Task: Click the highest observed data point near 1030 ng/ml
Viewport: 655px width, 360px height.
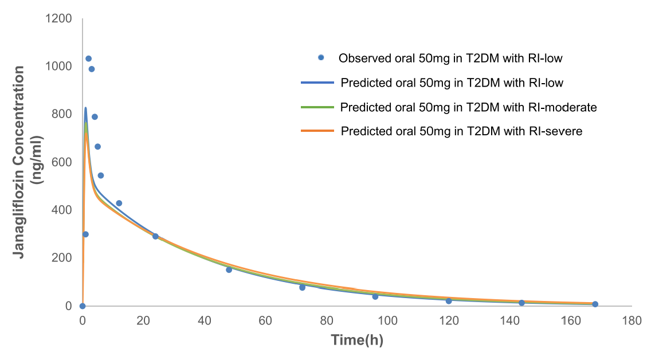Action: pyautogui.click(x=88, y=58)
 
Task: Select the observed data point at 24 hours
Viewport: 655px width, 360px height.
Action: pyautogui.click(x=155, y=236)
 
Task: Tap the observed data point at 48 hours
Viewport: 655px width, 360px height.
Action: pyautogui.click(x=229, y=269)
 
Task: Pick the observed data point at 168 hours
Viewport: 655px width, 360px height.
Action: pyautogui.click(x=595, y=304)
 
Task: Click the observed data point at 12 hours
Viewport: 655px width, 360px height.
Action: pyautogui.click(x=119, y=203)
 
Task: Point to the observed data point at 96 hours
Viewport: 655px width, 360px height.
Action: pyautogui.click(x=375, y=296)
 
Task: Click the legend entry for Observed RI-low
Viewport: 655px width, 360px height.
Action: pyautogui.click(x=450, y=58)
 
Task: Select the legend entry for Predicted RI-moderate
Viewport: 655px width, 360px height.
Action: pyautogui.click(x=468, y=107)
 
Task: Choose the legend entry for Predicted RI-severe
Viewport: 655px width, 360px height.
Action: pyautogui.click(x=461, y=131)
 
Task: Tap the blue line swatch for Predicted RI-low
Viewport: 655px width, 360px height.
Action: pyautogui.click(x=317, y=83)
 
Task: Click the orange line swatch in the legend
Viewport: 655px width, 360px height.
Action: pyautogui.click(x=317, y=131)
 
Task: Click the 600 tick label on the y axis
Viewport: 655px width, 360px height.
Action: pyautogui.click(x=63, y=162)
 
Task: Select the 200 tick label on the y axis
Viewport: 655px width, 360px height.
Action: pyautogui.click(x=63, y=257)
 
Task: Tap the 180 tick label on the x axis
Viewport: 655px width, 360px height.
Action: pyautogui.click(x=632, y=320)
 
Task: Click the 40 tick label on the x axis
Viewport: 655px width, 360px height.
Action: pyautogui.click(x=205, y=320)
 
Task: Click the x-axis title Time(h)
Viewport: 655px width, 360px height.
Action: pyautogui.click(x=357, y=339)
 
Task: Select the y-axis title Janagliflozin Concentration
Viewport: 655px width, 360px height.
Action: pyautogui.click(x=20, y=162)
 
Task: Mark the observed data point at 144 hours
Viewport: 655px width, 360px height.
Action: pyautogui.click(x=521, y=303)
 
